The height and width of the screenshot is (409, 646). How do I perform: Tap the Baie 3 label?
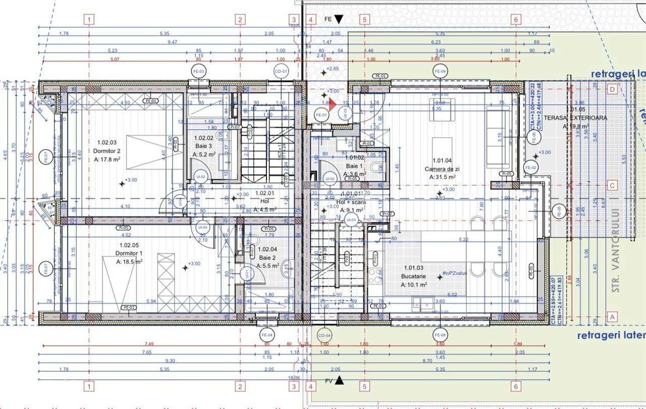click(x=204, y=137)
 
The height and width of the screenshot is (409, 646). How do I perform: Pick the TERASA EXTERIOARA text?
click(x=585, y=117)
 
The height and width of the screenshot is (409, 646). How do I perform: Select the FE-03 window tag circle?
click(x=199, y=72)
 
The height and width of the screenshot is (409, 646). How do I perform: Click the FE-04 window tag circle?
click(x=267, y=335)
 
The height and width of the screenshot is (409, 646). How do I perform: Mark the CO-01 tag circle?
click(x=281, y=72)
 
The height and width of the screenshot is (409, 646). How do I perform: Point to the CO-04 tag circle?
click(x=325, y=335)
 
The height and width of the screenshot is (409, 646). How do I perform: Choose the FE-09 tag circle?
click(x=440, y=72)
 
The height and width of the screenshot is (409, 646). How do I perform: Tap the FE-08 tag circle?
click(x=440, y=335)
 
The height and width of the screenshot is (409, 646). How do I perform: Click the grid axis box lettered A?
click(x=612, y=317)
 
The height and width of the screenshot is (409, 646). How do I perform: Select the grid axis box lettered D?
click(x=612, y=89)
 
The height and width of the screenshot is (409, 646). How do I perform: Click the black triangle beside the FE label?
click(x=339, y=19)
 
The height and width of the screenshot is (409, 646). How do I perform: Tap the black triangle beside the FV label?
click(x=340, y=381)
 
